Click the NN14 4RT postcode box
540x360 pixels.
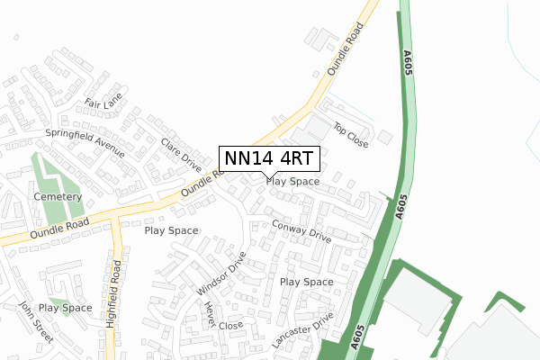268,158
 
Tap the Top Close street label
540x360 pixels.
351,136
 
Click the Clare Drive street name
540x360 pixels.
181,154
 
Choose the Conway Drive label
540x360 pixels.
301,232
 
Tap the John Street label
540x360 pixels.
37,325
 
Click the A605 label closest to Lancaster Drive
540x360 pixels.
358,337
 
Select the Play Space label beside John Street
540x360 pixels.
65,308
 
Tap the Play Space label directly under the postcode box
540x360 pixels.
292,181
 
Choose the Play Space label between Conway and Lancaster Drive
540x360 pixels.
307,282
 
